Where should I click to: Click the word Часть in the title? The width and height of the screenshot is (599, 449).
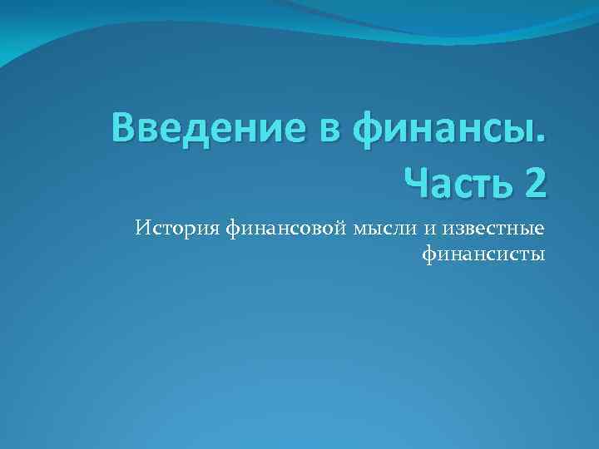click(x=454, y=180)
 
